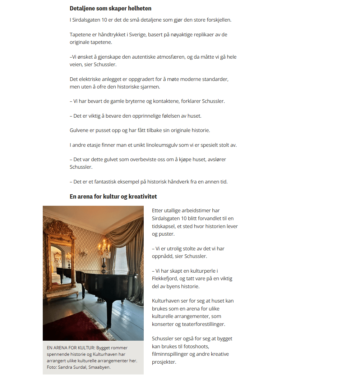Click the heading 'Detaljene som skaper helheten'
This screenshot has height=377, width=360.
pos(110,8)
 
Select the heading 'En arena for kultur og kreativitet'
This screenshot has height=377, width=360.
pos(113,196)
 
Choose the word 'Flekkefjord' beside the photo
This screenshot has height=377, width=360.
pos(166,278)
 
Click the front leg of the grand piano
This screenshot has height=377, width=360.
pos(107,317)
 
